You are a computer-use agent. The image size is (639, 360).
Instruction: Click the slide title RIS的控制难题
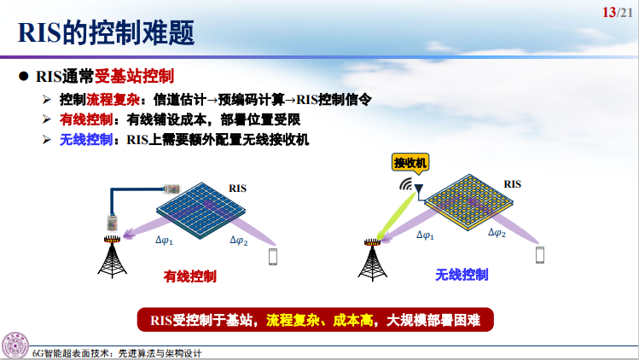(x=106, y=32)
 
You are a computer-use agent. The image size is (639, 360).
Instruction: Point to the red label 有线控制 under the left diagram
(x=189, y=276)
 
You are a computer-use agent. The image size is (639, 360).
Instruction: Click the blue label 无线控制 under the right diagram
(x=462, y=275)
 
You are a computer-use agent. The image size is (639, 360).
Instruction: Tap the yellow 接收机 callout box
(x=410, y=162)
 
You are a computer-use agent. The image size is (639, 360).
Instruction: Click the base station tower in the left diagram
(x=111, y=254)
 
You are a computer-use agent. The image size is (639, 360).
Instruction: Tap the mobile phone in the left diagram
(x=274, y=257)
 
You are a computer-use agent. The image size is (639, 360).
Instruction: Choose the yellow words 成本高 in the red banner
(x=352, y=320)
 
